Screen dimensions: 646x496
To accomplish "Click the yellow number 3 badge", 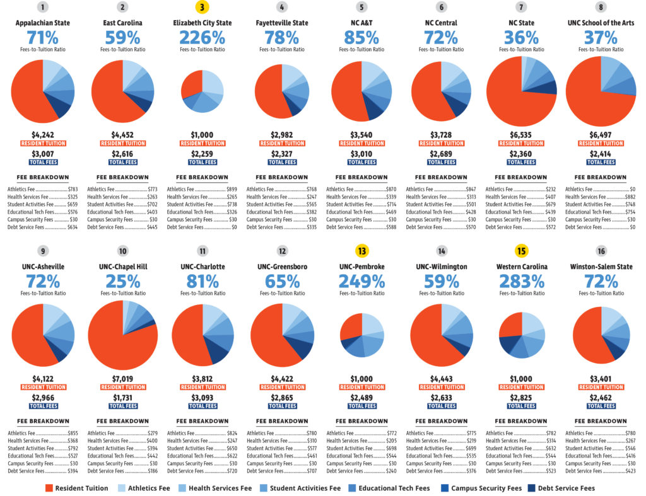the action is [x=202, y=7].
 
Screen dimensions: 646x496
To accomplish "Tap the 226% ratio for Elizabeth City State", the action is [x=202, y=38].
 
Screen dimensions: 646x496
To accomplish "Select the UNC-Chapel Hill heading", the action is [x=123, y=267].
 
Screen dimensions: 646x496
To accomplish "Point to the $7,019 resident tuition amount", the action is [x=123, y=379].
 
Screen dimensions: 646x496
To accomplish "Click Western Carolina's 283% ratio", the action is [x=522, y=282].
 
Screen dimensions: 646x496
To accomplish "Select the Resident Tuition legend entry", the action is [x=76, y=488].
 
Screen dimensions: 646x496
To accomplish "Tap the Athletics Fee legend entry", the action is [x=144, y=488].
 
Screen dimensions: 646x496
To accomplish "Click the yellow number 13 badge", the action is [x=361, y=251].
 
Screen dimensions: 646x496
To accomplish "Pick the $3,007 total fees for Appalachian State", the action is [x=43, y=154].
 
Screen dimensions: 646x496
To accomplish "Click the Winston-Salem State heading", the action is [x=601, y=267].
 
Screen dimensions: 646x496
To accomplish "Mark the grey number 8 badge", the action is [x=601, y=7].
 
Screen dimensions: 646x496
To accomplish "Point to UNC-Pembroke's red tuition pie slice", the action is [x=352, y=325].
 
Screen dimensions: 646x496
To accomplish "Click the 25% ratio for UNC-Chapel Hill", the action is [x=123, y=282].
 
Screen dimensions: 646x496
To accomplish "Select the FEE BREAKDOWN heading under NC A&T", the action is [x=361, y=177].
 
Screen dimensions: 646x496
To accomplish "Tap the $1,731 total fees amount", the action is [x=123, y=398].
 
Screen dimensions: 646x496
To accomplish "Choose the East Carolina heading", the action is [x=123, y=23].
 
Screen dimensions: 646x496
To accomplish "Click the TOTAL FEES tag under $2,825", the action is [x=521, y=407].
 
